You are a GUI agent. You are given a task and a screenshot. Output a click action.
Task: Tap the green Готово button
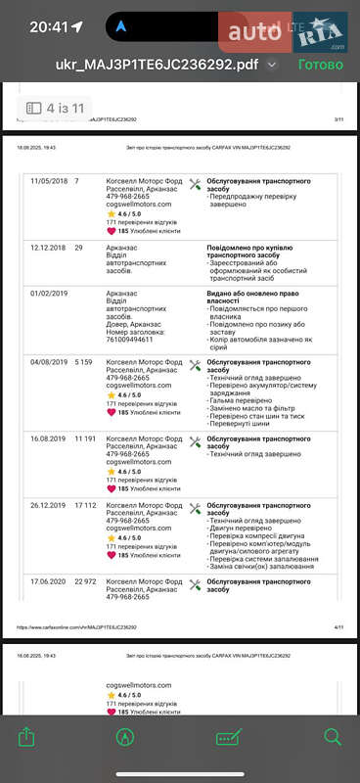(320, 65)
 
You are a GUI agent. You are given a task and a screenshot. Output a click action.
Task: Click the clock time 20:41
(49, 27)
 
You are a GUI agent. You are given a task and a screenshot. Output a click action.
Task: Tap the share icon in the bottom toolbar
(26, 736)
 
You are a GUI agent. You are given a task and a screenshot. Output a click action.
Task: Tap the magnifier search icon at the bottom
(333, 736)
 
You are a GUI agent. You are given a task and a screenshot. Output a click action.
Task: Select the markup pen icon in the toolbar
(125, 736)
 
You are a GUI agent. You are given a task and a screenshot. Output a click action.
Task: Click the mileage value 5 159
(85, 362)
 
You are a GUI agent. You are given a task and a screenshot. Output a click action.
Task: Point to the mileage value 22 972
(87, 581)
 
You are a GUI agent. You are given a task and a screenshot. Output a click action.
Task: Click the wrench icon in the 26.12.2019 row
(195, 509)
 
